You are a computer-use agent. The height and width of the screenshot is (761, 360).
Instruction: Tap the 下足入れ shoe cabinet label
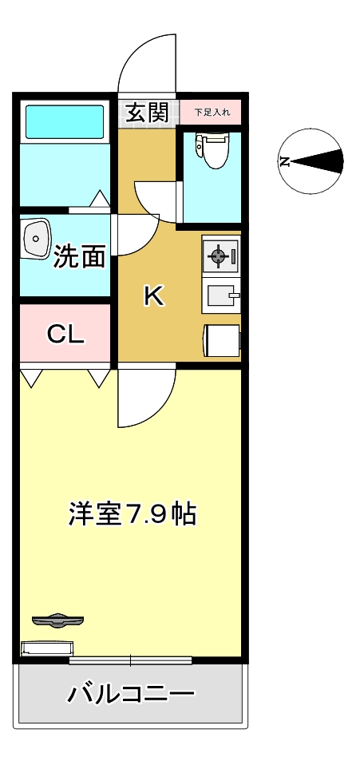tap(212, 113)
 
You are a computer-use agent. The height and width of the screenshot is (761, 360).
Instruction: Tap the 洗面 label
tap(79, 256)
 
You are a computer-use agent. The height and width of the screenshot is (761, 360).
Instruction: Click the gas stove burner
tap(220, 256)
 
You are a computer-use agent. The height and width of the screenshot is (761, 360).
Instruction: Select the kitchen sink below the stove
tap(221, 297)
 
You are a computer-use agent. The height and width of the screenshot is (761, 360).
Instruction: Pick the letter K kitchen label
tap(153, 296)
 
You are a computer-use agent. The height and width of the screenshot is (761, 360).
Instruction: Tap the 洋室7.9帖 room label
tap(133, 513)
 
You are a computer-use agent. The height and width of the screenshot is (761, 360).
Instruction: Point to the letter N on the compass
tap(284, 162)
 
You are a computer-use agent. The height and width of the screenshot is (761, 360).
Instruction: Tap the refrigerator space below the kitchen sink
tap(221, 339)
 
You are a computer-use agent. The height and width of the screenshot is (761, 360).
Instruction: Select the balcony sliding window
tap(130, 660)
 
